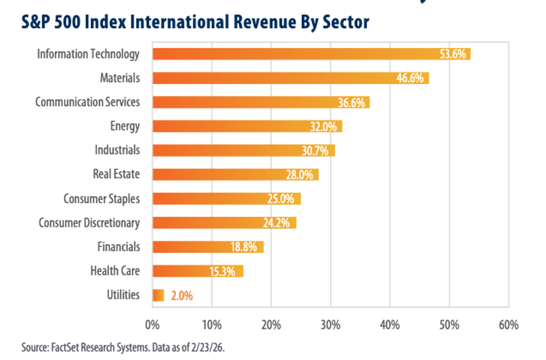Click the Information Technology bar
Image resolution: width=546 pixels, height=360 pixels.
coord(311,54)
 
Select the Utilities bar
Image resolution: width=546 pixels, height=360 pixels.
coord(158,295)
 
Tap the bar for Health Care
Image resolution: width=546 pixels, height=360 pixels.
coord(198,271)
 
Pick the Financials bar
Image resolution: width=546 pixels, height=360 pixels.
coord(208,247)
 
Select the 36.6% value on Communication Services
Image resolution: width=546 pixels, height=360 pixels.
coord(351,102)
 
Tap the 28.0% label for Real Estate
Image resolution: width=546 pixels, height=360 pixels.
coord(299,175)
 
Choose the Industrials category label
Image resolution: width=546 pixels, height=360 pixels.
coord(117,150)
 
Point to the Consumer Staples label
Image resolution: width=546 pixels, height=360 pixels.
coord(101,199)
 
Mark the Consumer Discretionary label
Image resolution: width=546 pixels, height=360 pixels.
coord(89,223)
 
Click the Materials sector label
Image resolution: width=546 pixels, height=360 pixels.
coord(120,78)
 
